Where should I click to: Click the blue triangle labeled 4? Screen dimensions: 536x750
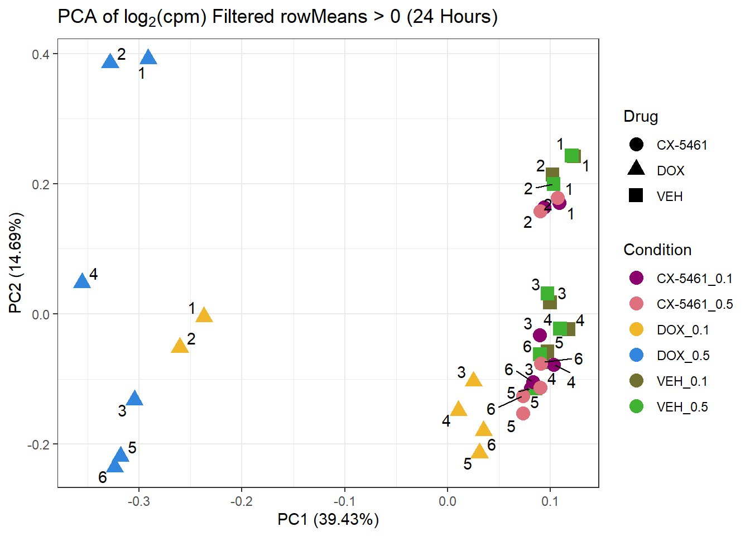(x=82, y=281)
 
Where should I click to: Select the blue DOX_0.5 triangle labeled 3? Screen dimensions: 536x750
(x=134, y=399)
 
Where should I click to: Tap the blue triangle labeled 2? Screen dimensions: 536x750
(x=110, y=61)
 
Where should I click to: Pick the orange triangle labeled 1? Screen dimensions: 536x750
(x=204, y=315)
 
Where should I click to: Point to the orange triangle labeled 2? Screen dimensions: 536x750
(x=180, y=346)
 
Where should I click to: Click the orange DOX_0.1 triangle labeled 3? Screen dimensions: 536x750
(x=474, y=380)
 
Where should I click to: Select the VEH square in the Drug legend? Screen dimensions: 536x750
(x=636, y=195)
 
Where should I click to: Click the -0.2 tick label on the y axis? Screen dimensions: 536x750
(x=39, y=444)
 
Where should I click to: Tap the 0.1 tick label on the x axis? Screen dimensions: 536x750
(x=550, y=501)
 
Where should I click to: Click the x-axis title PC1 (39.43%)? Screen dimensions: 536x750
(x=328, y=520)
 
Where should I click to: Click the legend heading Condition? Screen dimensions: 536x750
(x=657, y=250)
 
